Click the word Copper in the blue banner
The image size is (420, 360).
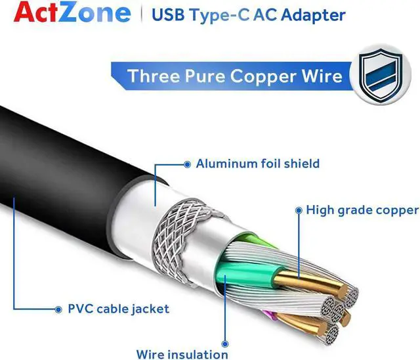pyautogui.click(x=262, y=75)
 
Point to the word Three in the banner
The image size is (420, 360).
pyautogui.click(x=152, y=75)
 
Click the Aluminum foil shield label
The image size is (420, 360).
pyautogui.click(x=257, y=163)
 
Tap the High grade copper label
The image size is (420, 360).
pyautogui.click(x=362, y=210)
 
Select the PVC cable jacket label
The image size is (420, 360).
pyautogui.click(x=119, y=308)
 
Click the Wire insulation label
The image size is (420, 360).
pyautogui.click(x=183, y=354)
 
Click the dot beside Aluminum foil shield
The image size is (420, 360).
pyautogui.click(x=188, y=163)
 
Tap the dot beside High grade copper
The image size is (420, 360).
pyautogui.click(x=299, y=210)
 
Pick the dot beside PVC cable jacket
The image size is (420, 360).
pyautogui.click(x=60, y=308)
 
